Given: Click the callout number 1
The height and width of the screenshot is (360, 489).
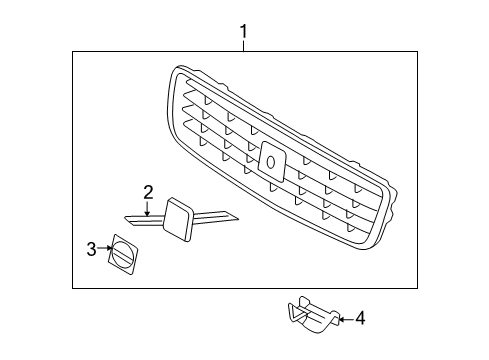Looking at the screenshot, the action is [x=244, y=31].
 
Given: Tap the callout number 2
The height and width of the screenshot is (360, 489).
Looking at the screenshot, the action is [x=148, y=192].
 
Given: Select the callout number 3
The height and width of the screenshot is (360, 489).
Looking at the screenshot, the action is [x=91, y=249].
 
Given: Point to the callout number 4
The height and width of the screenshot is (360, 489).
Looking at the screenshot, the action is [x=360, y=318].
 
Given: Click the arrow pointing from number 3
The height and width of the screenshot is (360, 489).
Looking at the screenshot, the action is [x=105, y=248].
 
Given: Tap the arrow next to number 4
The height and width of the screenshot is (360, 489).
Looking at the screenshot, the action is [x=346, y=319].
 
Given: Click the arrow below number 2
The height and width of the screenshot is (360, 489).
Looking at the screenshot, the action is [x=147, y=208].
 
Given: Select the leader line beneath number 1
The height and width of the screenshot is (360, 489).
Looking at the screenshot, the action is [x=244, y=46].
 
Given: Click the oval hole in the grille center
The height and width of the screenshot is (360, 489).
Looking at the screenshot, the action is [x=271, y=162].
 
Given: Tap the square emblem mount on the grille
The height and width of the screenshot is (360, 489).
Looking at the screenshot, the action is [x=272, y=162].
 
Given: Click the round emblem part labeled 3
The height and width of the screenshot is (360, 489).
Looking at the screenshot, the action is [x=122, y=255].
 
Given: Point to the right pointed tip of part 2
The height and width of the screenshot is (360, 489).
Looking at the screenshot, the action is [x=238, y=219].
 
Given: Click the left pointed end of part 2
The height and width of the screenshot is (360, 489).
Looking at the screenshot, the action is [x=126, y=218].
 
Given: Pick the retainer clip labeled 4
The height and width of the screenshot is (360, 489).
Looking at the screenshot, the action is [x=313, y=314].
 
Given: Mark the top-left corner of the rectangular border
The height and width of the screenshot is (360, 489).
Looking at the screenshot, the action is [x=73, y=52].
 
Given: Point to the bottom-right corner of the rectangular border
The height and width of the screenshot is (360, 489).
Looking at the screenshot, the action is [x=417, y=288].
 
